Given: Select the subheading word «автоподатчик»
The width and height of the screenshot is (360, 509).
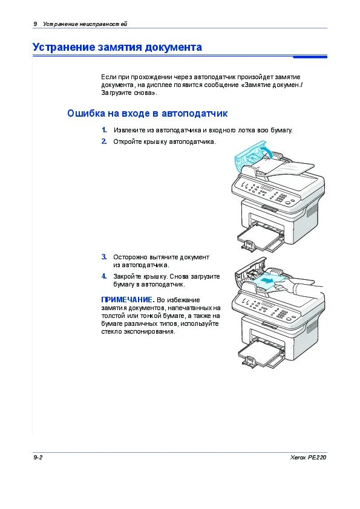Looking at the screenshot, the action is coord(194,113).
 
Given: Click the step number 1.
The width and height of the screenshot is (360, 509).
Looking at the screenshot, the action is coord(104,130).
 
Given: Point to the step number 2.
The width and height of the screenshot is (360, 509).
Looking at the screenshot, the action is coord(104,141).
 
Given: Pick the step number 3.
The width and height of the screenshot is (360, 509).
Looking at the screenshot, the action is coord(104,257).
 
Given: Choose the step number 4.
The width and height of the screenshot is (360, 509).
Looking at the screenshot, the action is coord(104,276).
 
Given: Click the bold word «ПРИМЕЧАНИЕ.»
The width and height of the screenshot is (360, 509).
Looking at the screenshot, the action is coord(128,300).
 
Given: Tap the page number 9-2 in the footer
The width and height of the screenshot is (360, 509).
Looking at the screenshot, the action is coord(38,458).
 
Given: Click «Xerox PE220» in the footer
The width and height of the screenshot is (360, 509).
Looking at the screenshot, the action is coord(309,458).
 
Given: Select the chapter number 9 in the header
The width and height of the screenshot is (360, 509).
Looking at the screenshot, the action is coord(35,24).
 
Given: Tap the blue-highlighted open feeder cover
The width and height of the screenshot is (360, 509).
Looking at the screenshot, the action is coord(250,155).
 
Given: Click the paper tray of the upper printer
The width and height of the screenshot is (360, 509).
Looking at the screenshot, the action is coord(260,237).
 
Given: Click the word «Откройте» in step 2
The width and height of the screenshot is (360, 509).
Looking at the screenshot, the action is coord(128,141).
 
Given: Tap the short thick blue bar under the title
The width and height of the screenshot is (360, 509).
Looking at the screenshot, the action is coord(310,57).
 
